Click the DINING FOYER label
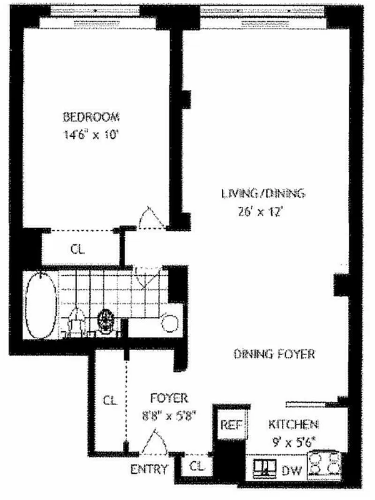[x=274, y=354]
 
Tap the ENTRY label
[x=151, y=469]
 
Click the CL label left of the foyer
[x=110, y=398]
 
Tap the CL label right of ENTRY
[x=196, y=466]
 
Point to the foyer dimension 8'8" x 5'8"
[x=170, y=413]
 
